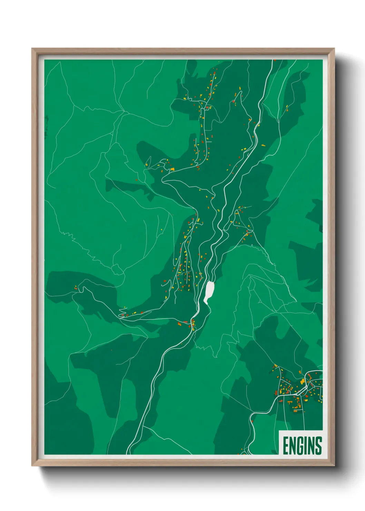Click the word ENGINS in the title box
pyautogui.click(x=302, y=445)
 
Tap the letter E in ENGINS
pyautogui.click(x=286, y=445)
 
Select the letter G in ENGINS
pyautogui.click(x=300, y=445)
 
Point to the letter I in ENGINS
pyautogui.click(x=306, y=445)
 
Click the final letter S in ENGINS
pyautogui.click(x=318, y=445)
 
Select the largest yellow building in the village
pyautogui.click(x=303, y=381)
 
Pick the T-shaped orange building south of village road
pyautogui.click(x=296, y=408)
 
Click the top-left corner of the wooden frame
pyautogui.click(x=32, y=49)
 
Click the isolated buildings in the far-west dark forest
pyautogui.click(x=76, y=287)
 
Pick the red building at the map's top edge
pyautogui.click(x=275, y=60)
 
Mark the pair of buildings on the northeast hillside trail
pyautogui.click(x=286, y=108)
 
